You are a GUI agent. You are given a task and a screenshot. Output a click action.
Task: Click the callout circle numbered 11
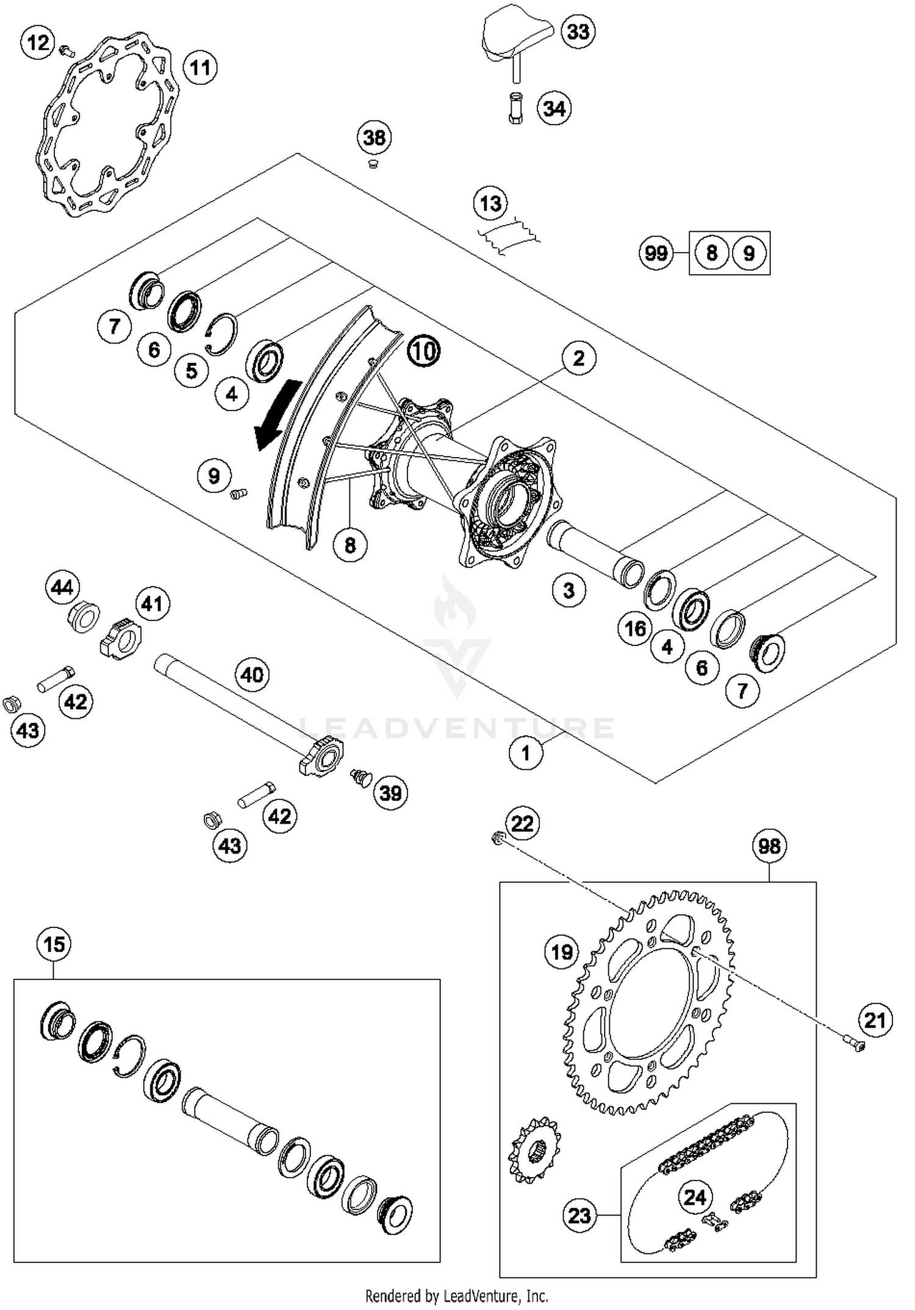[x=200, y=68]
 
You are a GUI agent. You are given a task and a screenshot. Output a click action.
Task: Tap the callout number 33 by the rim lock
[x=578, y=31]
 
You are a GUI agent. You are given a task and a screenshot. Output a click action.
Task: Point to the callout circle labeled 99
[x=656, y=253]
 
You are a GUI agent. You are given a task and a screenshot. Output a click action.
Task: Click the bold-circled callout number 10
[x=423, y=351]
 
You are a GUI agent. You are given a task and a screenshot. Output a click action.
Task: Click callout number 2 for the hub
[x=578, y=358]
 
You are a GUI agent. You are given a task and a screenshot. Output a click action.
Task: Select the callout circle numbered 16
[x=635, y=628]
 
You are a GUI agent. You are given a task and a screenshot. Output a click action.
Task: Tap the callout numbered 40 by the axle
[x=252, y=675]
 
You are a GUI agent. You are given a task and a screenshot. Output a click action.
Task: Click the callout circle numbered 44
[x=62, y=588]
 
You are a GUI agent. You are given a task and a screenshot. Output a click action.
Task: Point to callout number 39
[x=390, y=793]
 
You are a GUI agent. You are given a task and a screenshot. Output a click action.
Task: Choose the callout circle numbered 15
[x=54, y=945]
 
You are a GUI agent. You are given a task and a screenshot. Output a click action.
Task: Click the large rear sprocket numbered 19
[x=650, y=1001]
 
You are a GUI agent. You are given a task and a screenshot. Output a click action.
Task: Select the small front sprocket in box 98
[x=534, y=1150]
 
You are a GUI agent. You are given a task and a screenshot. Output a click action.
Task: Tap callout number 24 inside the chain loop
[x=695, y=1197]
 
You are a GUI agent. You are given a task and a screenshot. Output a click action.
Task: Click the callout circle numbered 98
[x=769, y=846]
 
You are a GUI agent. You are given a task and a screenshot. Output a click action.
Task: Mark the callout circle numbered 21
[x=875, y=1020]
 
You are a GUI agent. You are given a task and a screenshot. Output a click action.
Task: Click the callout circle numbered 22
[x=522, y=824]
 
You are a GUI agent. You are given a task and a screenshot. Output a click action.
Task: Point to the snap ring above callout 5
[x=221, y=334]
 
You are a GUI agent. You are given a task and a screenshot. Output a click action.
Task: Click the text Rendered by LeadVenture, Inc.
[x=456, y=1295]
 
